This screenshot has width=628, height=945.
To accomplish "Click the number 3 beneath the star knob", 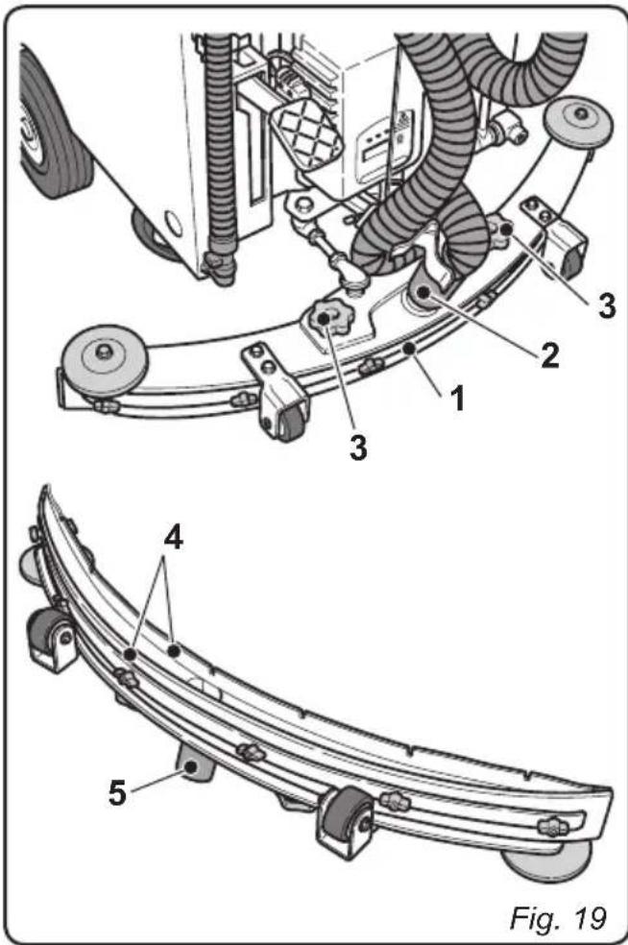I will click(357, 448).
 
